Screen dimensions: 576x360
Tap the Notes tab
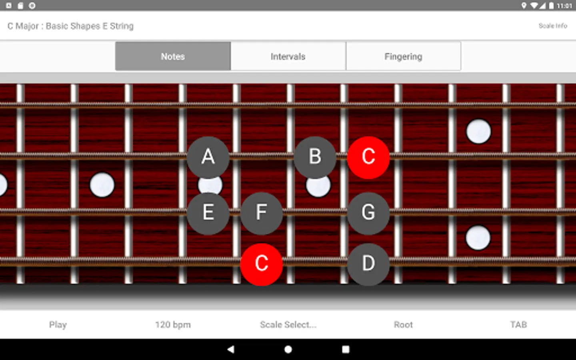click(173, 56)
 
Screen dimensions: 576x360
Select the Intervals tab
click(288, 56)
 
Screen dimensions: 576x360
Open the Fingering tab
click(404, 56)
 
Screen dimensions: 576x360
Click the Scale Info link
click(553, 26)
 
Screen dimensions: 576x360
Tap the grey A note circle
click(208, 157)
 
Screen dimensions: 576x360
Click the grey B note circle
click(315, 157)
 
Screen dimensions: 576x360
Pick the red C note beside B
click(368, 157)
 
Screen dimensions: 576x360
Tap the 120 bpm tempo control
click(173, 324)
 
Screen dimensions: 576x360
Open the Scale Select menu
click(288, 324)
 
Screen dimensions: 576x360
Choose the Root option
click(403, 324)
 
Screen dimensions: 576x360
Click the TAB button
click(518, 324)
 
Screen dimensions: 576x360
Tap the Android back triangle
click(231, 349)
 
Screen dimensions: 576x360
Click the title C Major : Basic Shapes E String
click(70, 26)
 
